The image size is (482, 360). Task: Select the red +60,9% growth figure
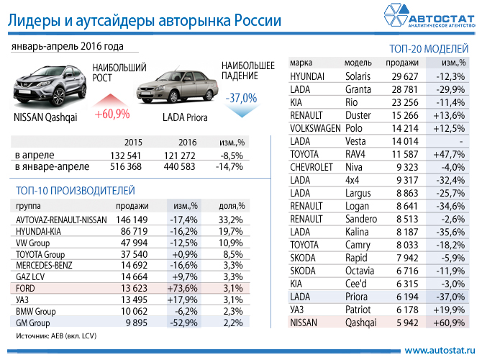point(112,114)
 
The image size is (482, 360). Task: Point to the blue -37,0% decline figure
point(241,97)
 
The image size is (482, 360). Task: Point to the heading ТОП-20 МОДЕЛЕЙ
point(429,49)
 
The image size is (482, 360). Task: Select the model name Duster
point(358,114)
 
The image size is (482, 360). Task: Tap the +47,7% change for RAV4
point(450,154)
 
